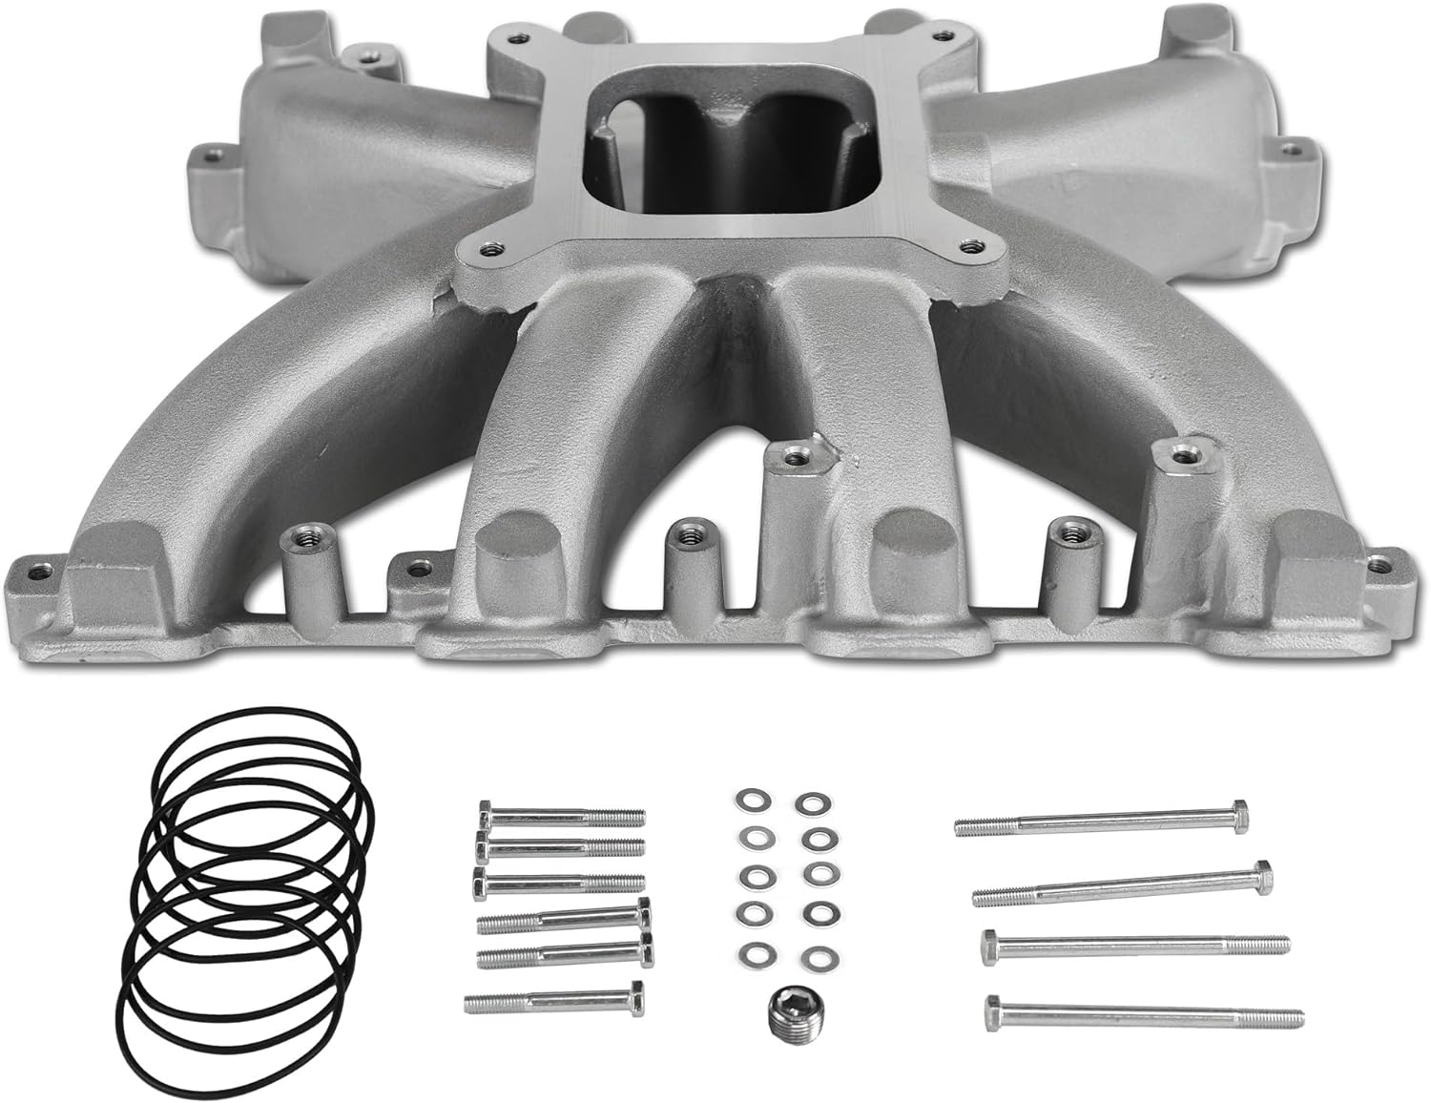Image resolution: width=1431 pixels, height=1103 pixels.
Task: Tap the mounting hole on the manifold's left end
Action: [x=211, y=152]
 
